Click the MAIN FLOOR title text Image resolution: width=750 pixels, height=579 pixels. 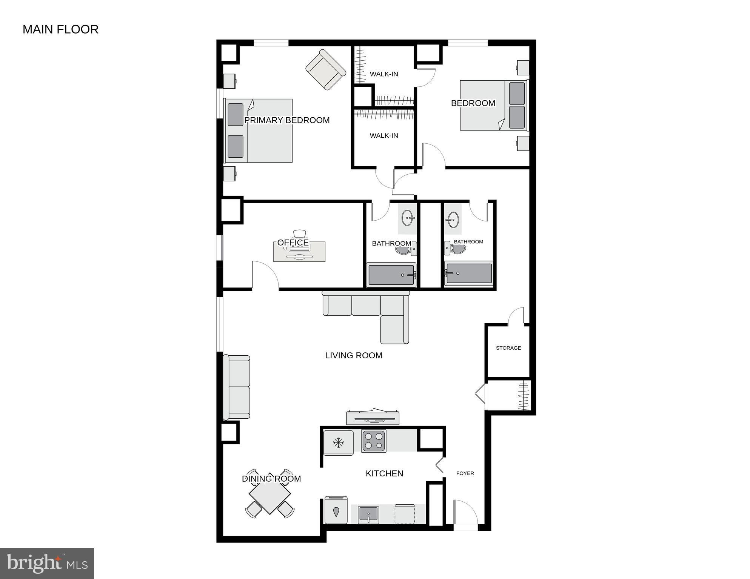point(60,29)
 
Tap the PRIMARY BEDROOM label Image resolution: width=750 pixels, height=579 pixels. point(287,120)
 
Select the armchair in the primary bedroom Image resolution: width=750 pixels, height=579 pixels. point(325,70)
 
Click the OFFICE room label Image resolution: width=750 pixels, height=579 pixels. point(293,243)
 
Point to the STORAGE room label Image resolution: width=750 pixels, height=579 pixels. point(508,348)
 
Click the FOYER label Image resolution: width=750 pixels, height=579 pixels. point(465,473)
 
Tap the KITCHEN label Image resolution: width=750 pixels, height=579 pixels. point(384,473)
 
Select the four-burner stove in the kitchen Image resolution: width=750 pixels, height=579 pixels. point(373,441)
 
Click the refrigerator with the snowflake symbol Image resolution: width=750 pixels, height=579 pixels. point(338,442)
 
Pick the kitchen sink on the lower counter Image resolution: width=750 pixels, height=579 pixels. point(368,514)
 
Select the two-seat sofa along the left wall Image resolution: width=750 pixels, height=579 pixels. point(237,387)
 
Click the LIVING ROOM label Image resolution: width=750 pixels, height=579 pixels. point(353,355)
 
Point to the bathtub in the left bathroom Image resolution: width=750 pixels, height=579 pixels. point(391,275)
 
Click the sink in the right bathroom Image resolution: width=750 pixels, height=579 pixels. point(453,219)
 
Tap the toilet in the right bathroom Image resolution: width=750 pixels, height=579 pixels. point(457,248)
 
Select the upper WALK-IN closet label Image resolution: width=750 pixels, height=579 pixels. point(383,74)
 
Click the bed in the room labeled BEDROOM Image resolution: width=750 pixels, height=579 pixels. point(493,106)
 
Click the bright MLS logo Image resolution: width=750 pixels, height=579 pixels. point(47,564)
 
